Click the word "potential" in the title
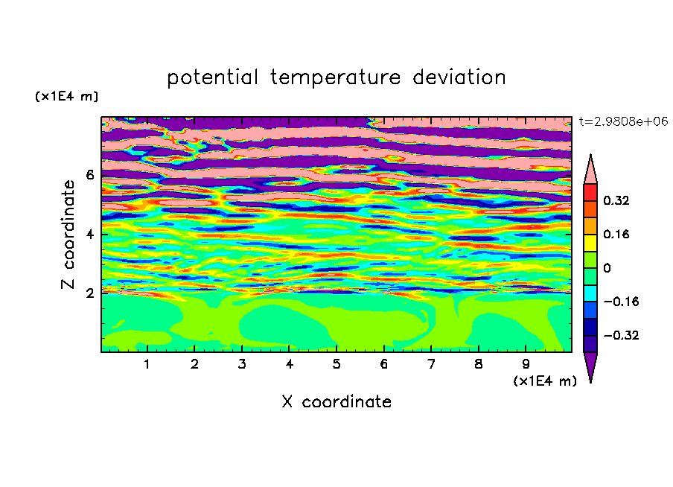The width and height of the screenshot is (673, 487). (x=212, y=77)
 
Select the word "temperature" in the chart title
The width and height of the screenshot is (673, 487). (x=336, y=77)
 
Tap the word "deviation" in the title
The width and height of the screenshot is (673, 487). (x=459, y=77)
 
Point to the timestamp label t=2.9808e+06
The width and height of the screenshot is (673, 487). (x=623, y=121)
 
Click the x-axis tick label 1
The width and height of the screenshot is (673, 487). (x=147, y=364)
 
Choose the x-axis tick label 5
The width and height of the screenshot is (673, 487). (x=336, y=364)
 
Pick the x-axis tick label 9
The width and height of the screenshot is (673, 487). (x=526, y=364)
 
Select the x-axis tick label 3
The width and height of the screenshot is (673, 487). (x=242, y=364)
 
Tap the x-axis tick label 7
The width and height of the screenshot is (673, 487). (x=431, y=364)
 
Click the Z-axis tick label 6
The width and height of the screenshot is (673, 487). (x=89, y=175)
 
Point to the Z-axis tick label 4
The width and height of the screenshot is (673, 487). (x=89, y=234)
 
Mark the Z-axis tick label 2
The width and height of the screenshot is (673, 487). (x=89, y=293)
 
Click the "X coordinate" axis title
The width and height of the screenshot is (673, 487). (x=336, y=401)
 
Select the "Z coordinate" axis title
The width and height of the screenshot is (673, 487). (x=68, y=235)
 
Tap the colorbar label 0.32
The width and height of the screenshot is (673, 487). (x=616, y=200)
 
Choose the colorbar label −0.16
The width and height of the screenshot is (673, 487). (x=621, y=302)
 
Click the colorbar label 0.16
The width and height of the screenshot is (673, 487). (x=616, y=234)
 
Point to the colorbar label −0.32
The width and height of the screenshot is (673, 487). (x=621, y=335)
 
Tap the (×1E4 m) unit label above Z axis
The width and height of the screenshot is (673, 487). (x=66, y=97)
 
